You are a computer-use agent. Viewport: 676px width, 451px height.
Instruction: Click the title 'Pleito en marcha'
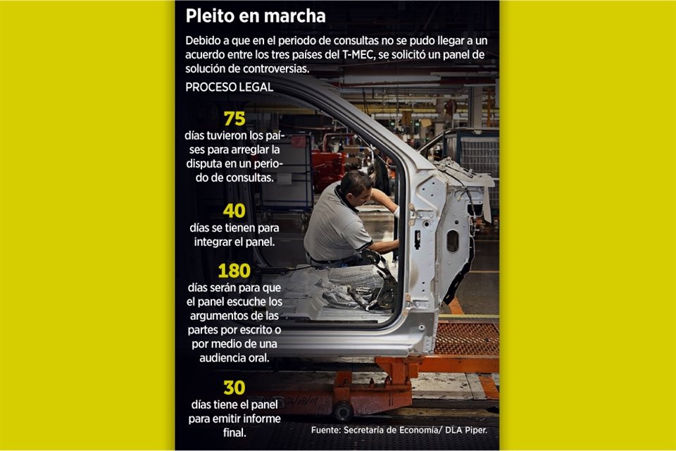coord(255,16)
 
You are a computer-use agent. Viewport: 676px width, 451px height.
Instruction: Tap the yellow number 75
coord(234,118)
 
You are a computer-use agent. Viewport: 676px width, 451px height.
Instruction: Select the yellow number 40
coord(234,211)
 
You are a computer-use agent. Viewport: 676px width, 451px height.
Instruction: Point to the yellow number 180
coord(234,271)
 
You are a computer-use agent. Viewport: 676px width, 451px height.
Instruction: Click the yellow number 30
coord(234,388)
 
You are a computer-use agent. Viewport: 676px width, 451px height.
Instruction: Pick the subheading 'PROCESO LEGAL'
coord(230,87)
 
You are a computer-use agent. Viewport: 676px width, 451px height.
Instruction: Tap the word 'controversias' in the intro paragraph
coord(276,69)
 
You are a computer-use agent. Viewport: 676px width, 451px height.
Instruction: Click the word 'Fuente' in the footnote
coord(325,431)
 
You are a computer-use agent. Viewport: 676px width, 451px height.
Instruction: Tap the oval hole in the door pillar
coord(453,241)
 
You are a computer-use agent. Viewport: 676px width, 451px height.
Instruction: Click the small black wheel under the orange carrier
coord(344,411)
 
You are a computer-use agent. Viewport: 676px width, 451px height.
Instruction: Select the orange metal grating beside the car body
coord(466,339)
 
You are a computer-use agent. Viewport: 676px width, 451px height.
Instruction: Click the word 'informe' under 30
coord(261,419)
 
